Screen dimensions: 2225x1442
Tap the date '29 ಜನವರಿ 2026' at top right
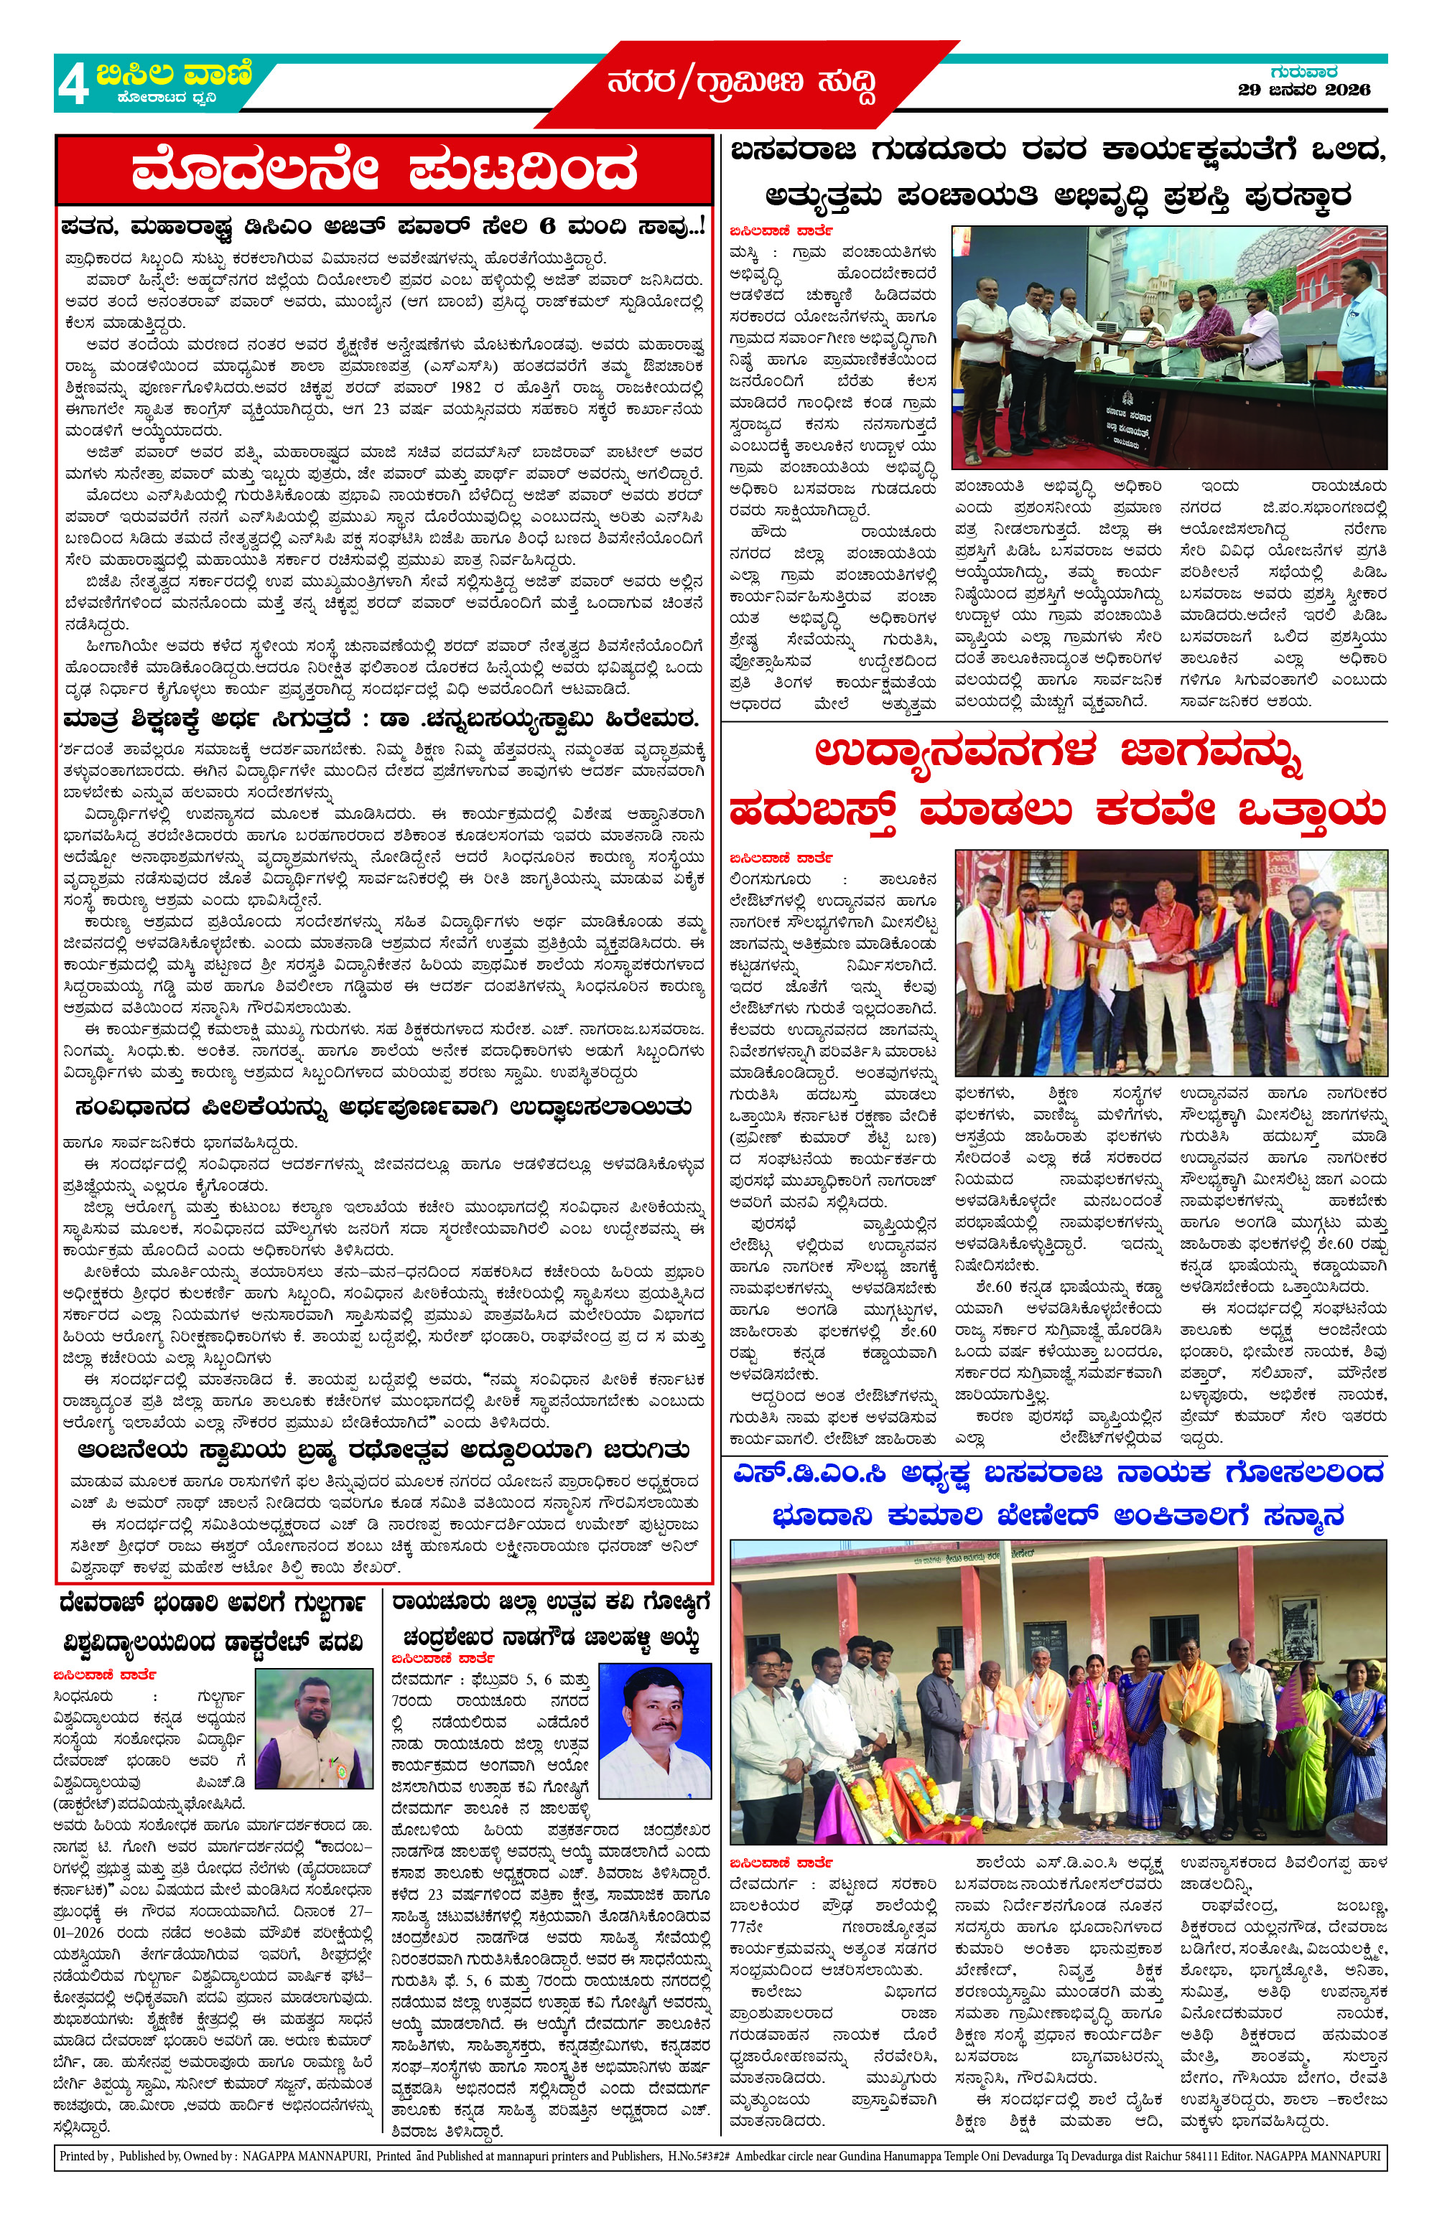pos(1303,90)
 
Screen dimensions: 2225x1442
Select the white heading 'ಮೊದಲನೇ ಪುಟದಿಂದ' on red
pos(383,171)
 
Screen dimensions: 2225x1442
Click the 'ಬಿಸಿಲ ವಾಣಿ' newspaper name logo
pos(174,75)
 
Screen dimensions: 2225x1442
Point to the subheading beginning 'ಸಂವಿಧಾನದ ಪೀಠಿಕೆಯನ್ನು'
pos(383,1107)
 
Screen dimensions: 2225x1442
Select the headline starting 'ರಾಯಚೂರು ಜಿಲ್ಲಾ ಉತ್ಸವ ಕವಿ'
pos(551,1603)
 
